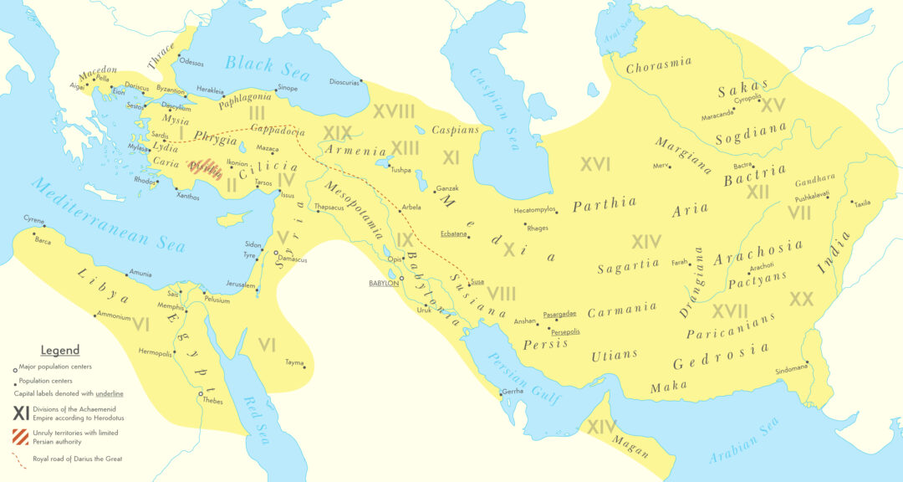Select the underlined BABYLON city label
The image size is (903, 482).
383,283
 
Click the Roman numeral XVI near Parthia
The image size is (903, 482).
595,165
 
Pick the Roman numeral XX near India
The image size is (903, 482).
801,299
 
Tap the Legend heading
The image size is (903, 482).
60,351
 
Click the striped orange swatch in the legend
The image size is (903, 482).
20,436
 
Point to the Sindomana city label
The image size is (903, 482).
792,367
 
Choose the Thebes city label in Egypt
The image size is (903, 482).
213,400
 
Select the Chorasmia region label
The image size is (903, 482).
659,66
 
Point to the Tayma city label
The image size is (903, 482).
294,362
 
